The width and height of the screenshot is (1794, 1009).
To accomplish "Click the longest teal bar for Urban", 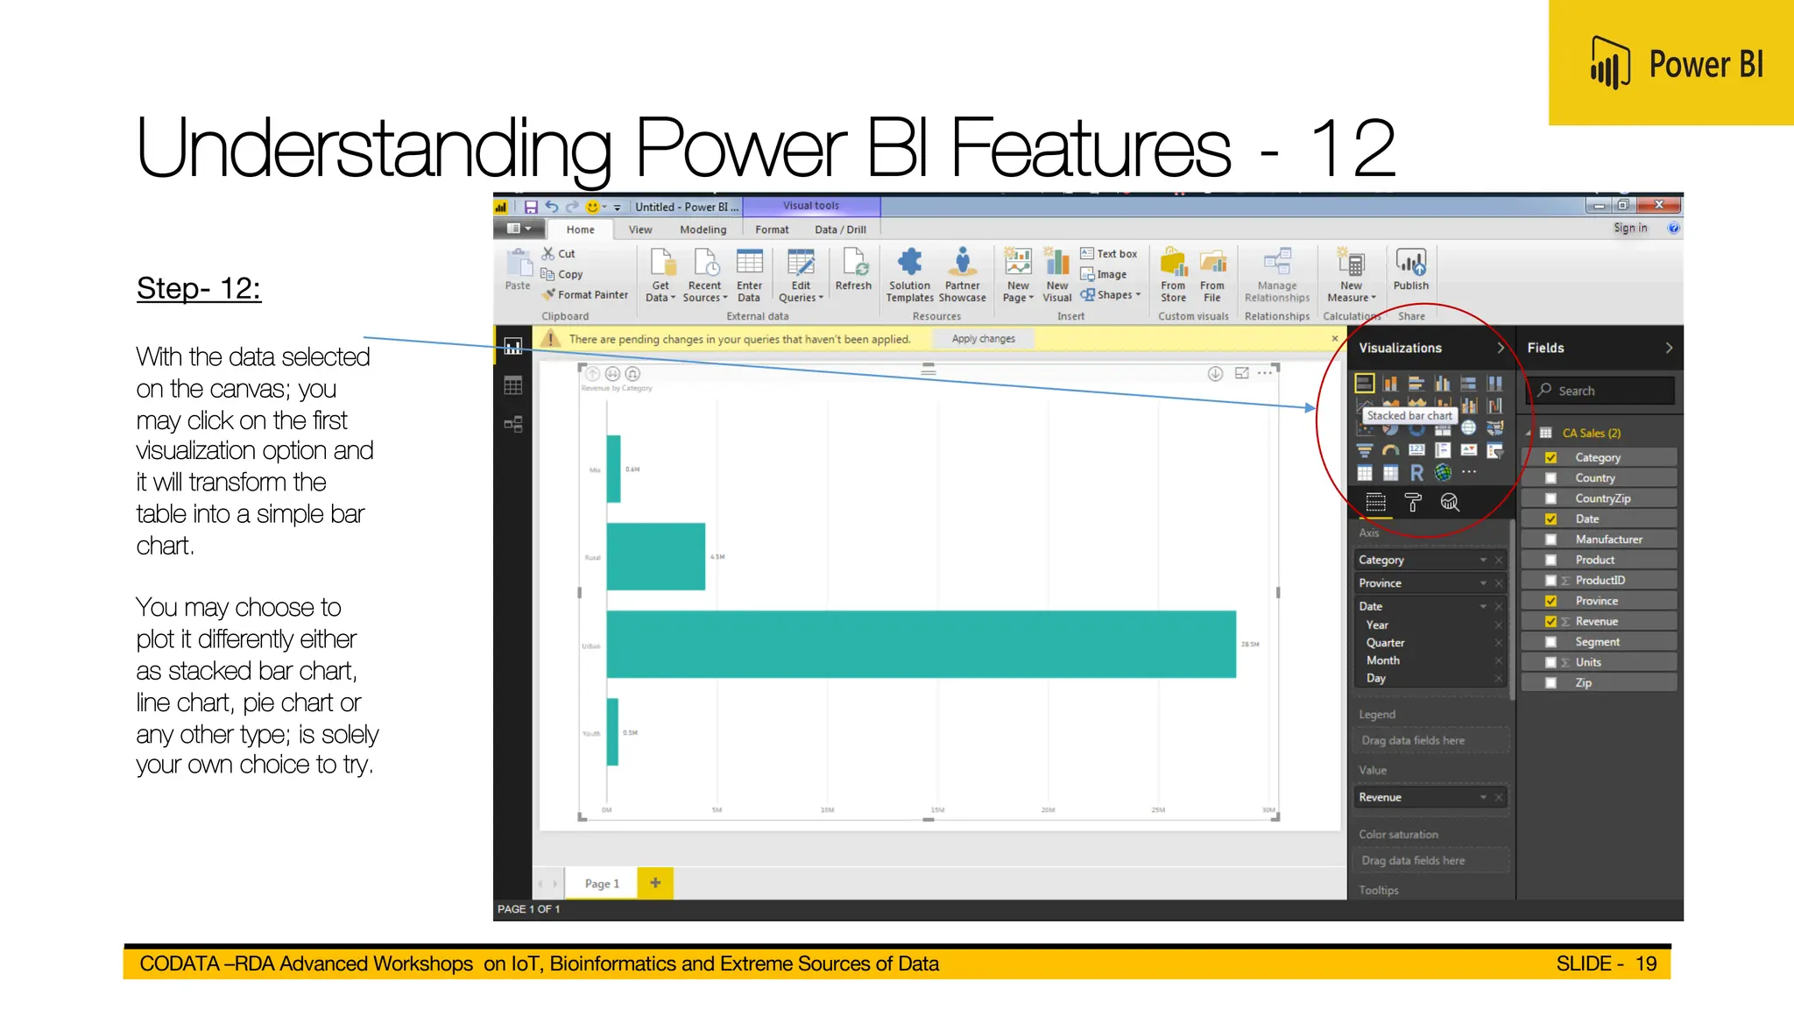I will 920,644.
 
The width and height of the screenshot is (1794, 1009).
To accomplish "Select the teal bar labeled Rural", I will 655,556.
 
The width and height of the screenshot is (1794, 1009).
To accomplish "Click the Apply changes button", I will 983,339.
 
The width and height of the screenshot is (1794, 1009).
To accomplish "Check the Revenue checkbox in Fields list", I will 1550,622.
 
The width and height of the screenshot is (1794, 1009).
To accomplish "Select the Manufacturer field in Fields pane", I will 1608,540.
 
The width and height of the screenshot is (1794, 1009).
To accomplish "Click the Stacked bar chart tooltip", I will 1409,416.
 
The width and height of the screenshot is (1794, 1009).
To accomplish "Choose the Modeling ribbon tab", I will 703,229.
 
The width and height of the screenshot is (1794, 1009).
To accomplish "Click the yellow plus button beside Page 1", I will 655,883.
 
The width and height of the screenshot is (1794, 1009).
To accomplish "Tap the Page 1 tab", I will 602,884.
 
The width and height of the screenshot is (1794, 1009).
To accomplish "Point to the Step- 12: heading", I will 199,288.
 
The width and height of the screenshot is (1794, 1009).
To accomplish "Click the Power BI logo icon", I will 1610,63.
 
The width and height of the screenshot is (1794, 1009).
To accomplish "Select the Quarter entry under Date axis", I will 1385,643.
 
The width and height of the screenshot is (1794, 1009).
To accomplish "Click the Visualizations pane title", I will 1400,348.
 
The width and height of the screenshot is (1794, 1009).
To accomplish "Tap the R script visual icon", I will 1416,473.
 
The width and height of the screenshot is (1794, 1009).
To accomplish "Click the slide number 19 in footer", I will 1645,963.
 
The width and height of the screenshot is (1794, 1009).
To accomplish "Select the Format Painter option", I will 592,295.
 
